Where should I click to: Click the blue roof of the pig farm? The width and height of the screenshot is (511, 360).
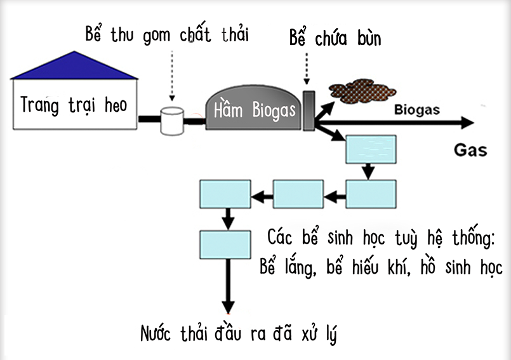74,67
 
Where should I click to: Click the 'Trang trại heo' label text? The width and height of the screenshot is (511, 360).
74,105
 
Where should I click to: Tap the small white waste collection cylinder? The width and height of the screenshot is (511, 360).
171,121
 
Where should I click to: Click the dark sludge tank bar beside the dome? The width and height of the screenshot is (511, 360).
309,110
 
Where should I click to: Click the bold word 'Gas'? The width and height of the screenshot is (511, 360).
470,150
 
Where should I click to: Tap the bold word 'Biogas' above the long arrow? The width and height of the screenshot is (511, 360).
416,110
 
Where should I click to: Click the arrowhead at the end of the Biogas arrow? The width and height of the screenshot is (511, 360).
468,123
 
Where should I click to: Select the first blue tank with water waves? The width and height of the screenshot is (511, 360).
370,149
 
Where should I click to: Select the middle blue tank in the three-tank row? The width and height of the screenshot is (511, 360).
298,194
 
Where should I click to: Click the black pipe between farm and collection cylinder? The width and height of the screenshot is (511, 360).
149,119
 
